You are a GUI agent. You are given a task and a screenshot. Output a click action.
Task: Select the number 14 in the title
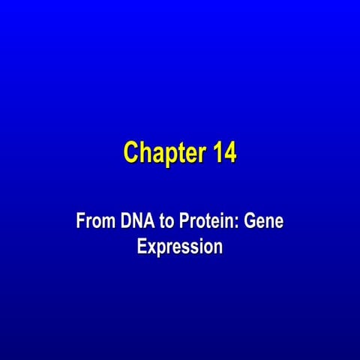click(224, 152)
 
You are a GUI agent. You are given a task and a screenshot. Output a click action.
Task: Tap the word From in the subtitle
click(94, 222)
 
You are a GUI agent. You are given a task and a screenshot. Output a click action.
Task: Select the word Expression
click(180, 246)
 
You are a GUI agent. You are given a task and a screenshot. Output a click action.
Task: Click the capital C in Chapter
click(131, 152)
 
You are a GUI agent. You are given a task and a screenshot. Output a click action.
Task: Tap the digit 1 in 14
click(217, 152)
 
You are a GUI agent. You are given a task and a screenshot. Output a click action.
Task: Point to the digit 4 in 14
click(230, 152)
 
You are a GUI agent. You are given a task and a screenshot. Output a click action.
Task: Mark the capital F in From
click(80, 222)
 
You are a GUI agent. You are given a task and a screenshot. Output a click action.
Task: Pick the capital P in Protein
click(184, 222)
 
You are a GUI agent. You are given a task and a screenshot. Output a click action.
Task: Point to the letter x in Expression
click(150, 247)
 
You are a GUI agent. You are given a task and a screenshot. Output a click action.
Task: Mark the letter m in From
click(106, 223)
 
